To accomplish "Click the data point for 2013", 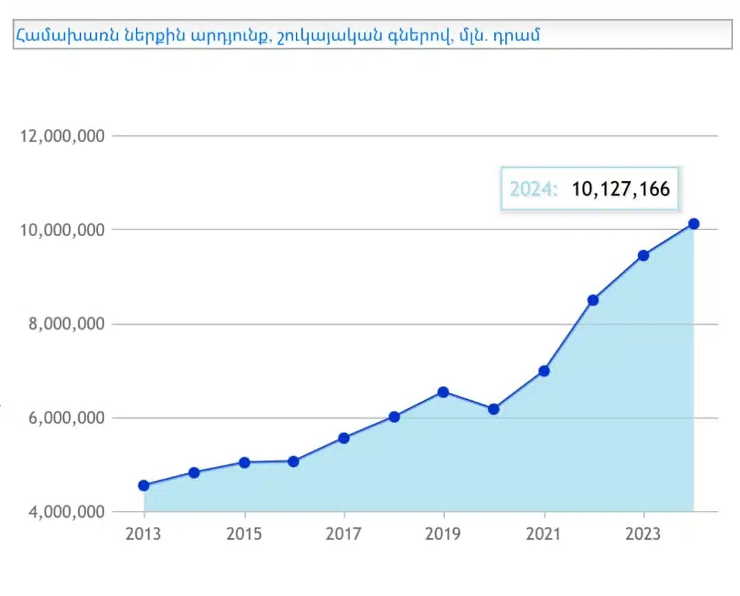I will (x=143, y=485).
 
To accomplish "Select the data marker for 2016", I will (x=294, y=461).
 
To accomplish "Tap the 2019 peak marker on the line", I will (x=443, y=392).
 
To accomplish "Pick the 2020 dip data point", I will (x=494, y=409).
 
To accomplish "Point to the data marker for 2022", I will (x=593, y=300).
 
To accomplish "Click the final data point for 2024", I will (x=693, y=223).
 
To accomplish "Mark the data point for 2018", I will (x=394, y=417).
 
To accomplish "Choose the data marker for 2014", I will (x=194, y=472).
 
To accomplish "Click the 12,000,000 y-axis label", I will (x=62, y=136).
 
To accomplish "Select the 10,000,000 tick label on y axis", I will (x=62, y=229).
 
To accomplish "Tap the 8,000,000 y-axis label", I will (x=62, y=324).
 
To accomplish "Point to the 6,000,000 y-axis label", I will (x=62, y=418).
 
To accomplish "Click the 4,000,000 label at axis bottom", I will (x=62, y=512).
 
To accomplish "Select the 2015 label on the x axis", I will (x=244, y=534).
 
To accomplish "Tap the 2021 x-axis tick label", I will (x=544, y=534).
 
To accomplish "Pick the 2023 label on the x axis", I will (x=644, y=534).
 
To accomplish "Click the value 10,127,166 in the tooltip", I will (x=621, y=189).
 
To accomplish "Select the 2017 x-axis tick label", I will (x=344, y=534).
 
